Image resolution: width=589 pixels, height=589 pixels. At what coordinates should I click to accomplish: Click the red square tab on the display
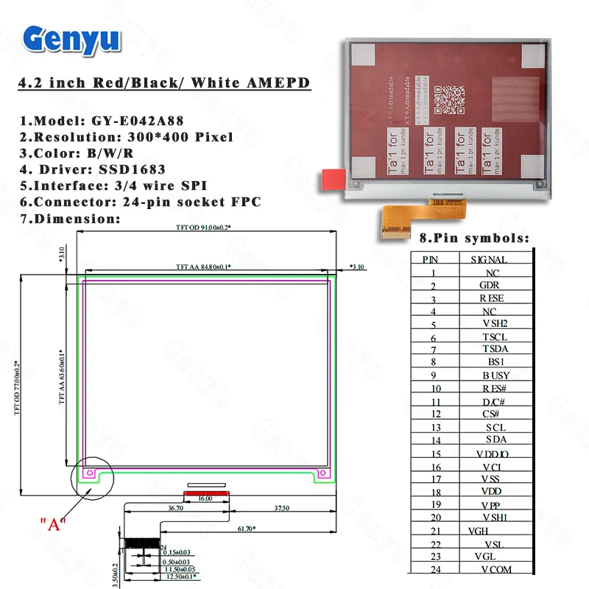334,177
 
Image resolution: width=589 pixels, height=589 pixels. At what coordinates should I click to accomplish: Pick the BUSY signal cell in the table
495,375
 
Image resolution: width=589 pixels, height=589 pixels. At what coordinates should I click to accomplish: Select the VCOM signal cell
495,569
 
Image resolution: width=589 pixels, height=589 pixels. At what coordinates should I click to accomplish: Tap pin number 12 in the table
435,415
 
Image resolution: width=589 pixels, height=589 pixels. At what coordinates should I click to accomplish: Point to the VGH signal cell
479,530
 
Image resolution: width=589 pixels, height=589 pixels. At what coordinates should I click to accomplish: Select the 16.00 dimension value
204,498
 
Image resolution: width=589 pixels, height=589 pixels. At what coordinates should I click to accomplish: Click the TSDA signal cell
495,349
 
